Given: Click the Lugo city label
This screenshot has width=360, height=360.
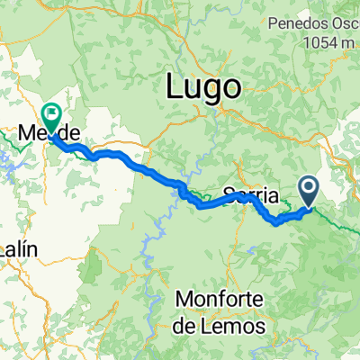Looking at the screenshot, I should coord(204,87).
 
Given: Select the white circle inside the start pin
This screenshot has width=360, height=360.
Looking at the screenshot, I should coord(308,188).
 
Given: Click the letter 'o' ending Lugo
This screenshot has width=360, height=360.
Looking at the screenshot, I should coord(233,88).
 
